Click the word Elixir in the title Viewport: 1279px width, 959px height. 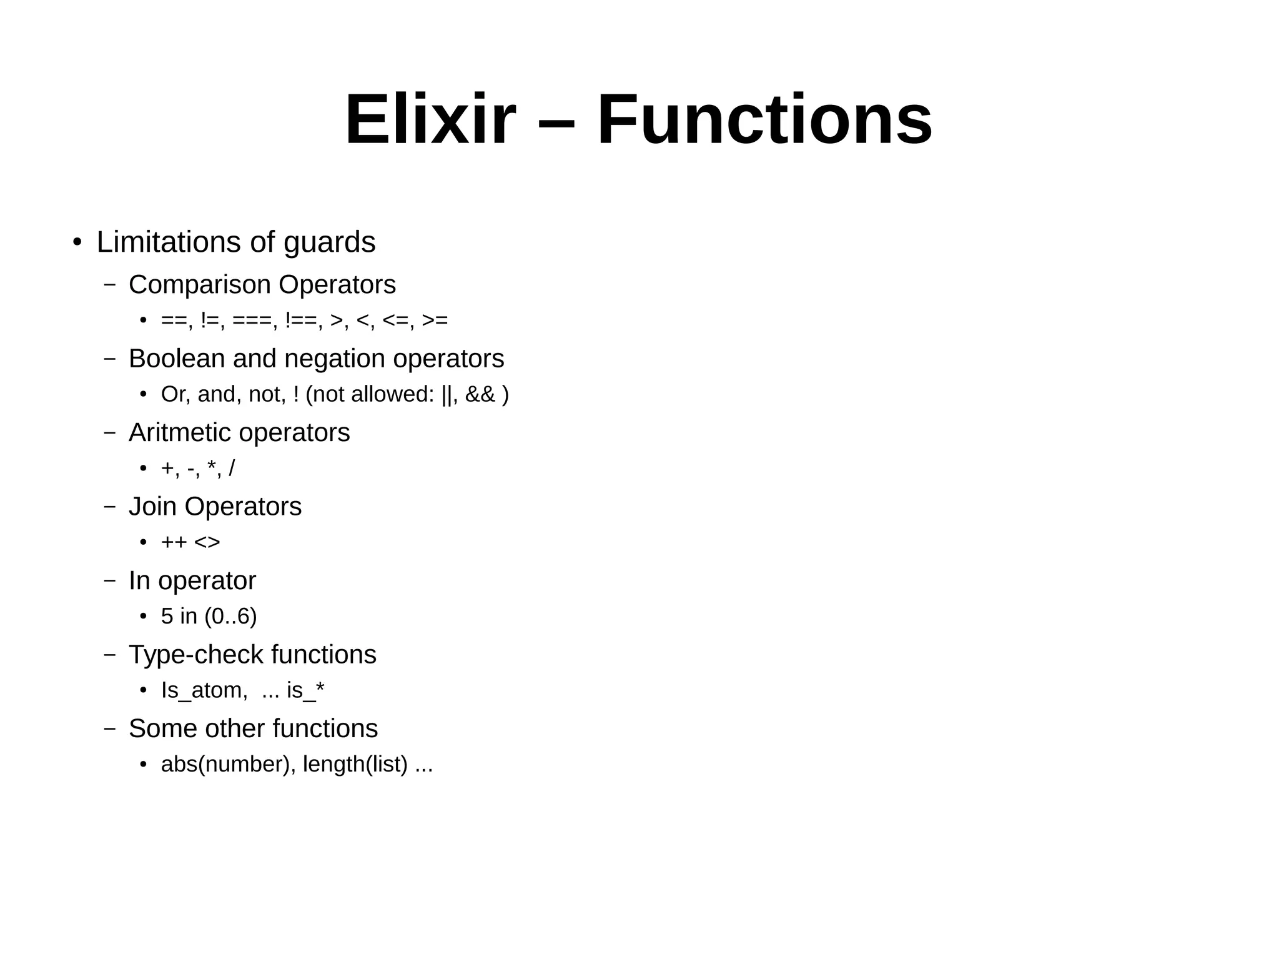tap(430, 119)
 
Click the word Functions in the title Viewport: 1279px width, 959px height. tap(764, 119)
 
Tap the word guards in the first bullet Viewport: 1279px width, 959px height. tap(329, 242)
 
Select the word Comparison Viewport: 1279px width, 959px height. tap(200, 285)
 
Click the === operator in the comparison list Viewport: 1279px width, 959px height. tap(252, 320)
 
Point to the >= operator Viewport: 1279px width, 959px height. tap(435, 320)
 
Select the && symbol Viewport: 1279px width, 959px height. tap(480, 394)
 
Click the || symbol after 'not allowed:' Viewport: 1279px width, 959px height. tap(447, 394)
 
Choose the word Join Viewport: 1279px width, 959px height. tap(153, 507)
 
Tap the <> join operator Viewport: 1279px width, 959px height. tap(207, 542)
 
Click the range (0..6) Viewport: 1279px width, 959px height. tap(230, 617)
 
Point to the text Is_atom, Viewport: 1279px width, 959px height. tap(204, 690)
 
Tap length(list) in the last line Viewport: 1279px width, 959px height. tap(355, 764)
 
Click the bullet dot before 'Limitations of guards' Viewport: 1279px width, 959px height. tap(77, 242)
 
